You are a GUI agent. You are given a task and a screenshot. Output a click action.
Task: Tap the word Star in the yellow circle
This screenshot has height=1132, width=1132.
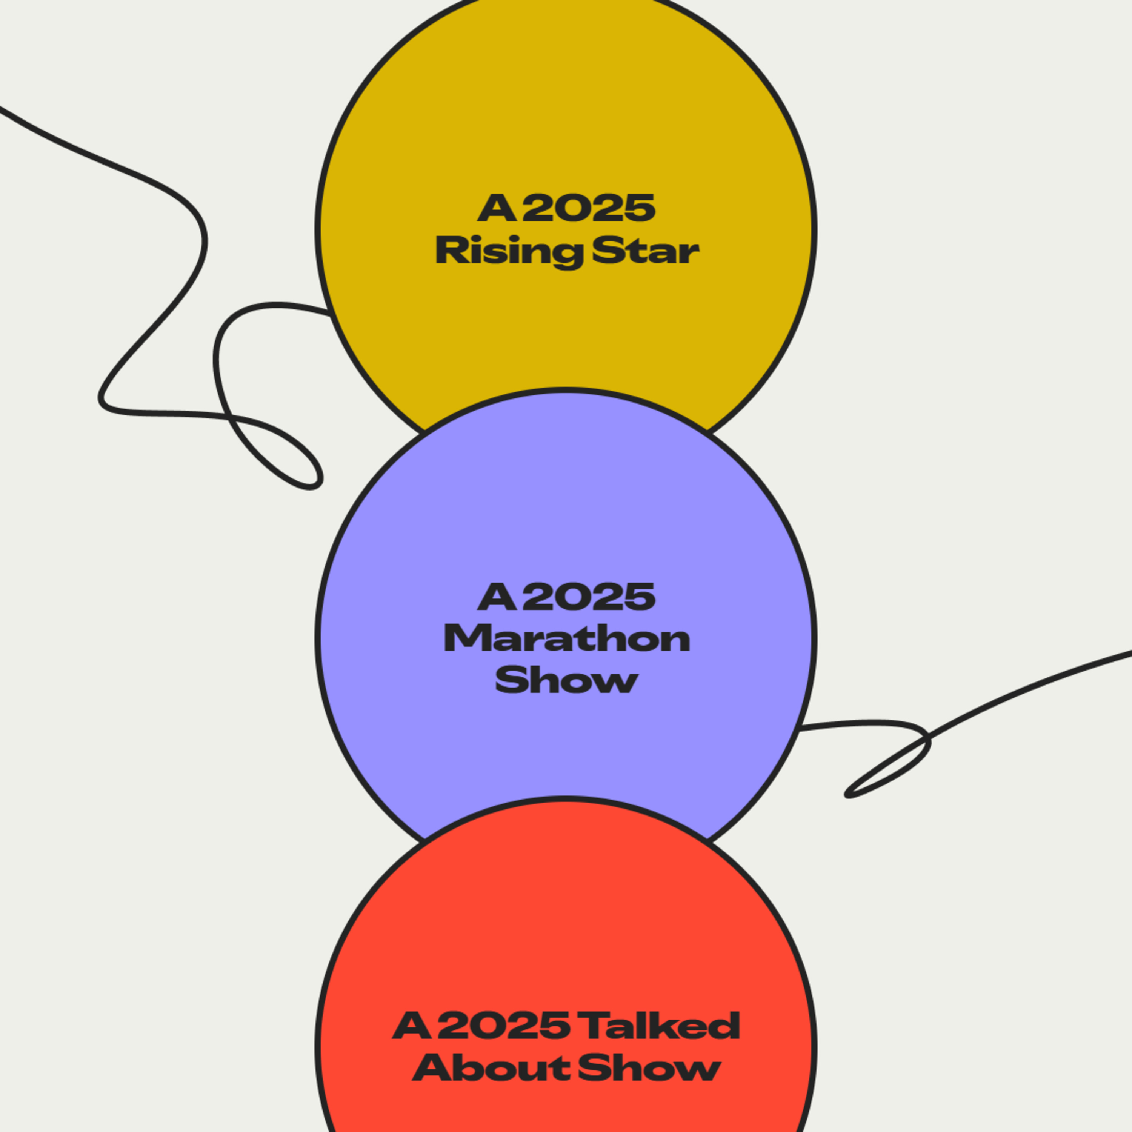click(646, 251)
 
